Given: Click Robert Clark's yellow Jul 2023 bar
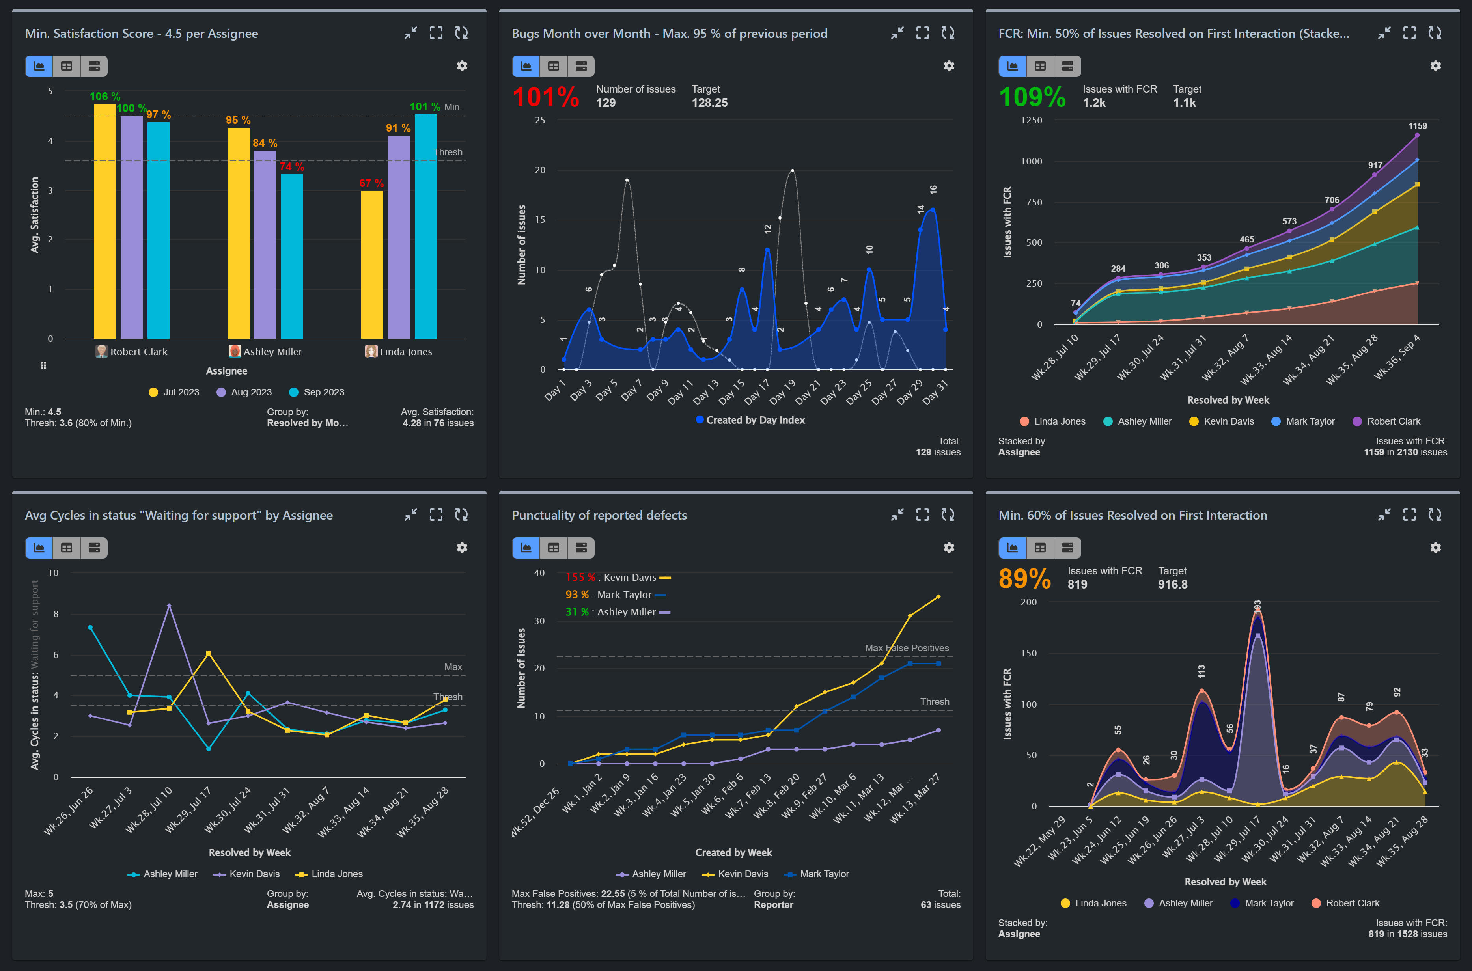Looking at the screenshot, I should (x=104, y=223).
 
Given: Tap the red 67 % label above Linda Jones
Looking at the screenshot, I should (x=371, y=183).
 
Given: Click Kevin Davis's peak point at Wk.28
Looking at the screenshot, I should (x=169, y=606).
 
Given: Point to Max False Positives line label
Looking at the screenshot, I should (x=906, y=648).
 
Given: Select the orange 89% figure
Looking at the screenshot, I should (x=1024, y=579).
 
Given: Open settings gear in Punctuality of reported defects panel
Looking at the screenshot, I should (x=949, y=548).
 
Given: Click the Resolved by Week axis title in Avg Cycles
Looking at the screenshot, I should (x=250, y=853).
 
